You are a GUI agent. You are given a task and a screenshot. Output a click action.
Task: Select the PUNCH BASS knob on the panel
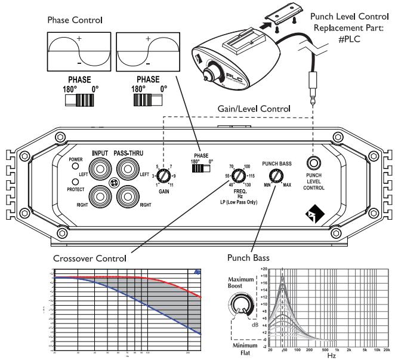276,176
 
